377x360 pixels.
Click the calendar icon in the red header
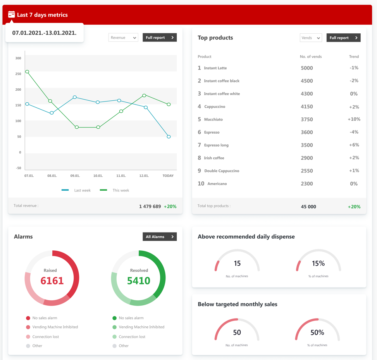coord(12,14)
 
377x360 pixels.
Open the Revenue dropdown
coord(123,38)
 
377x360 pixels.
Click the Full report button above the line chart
coord(160,38)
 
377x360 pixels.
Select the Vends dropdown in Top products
coord(311,38)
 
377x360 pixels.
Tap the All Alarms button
coord(160,237)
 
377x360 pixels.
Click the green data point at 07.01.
coord(27,72)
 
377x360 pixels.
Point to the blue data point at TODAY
coord(169,137)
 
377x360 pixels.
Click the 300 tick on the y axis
coord(18,58)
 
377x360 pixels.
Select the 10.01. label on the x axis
coord(98,176)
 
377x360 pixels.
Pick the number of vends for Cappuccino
coord(306,107)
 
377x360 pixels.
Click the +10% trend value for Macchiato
coord(354,119)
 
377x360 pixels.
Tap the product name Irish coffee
coord(214,158)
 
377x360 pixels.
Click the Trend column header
coord(354,57)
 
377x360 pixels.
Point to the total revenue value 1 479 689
coord(150,207)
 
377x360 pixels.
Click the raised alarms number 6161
coord(52,281)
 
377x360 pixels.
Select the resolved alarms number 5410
coord(139,281)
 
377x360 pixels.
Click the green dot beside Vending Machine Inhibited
coord(114,327)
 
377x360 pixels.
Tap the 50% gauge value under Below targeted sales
coord(317,332)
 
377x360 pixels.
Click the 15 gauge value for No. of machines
coord(237,264)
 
